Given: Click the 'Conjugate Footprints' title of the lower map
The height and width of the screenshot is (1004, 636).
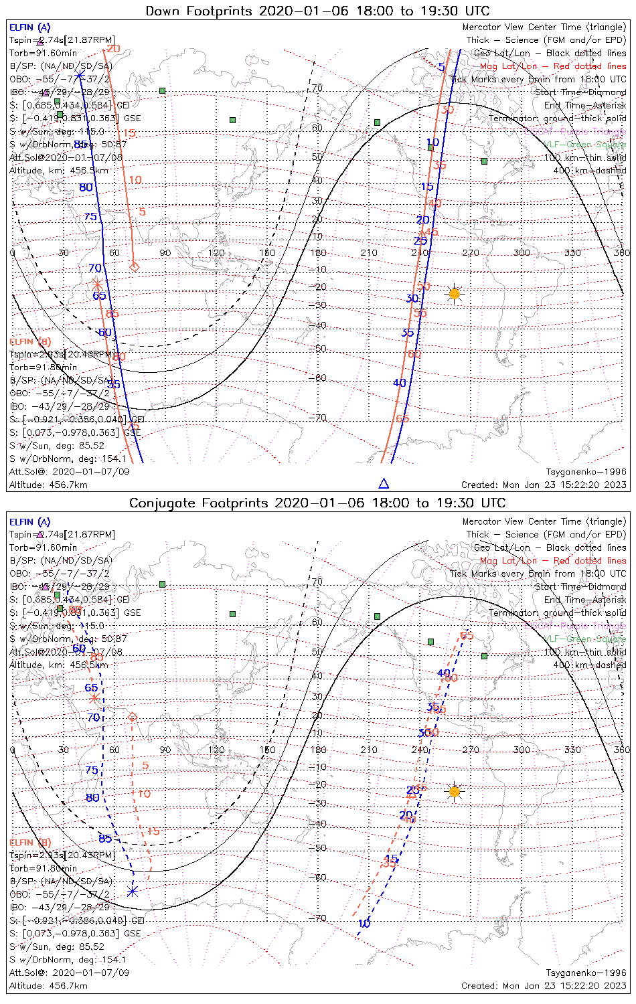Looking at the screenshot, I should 201,503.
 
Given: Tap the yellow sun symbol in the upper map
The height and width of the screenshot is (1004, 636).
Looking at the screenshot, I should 455,294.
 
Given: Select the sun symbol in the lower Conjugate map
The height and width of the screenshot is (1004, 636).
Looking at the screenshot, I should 455,792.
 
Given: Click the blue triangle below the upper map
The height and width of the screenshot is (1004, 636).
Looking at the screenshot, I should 384,483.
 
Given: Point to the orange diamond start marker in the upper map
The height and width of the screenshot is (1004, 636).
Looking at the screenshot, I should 134,266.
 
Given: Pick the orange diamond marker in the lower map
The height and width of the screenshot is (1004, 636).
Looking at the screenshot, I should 133,717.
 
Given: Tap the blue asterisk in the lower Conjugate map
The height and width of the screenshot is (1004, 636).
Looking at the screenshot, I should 132,891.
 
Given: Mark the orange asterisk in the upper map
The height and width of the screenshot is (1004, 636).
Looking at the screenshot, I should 97,284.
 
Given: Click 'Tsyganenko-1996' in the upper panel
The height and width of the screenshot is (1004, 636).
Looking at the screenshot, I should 586,472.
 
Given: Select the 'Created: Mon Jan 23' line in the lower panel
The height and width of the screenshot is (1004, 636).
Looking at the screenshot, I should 544,985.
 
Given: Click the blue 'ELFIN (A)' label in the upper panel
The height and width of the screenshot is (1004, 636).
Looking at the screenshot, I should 29,27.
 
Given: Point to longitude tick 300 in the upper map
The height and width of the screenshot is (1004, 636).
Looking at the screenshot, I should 521,252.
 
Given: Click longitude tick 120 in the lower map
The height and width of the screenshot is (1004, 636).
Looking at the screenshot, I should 216,750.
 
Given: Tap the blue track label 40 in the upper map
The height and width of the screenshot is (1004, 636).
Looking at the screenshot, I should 400,383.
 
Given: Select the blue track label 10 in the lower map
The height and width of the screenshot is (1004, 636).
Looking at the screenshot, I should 364,924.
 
